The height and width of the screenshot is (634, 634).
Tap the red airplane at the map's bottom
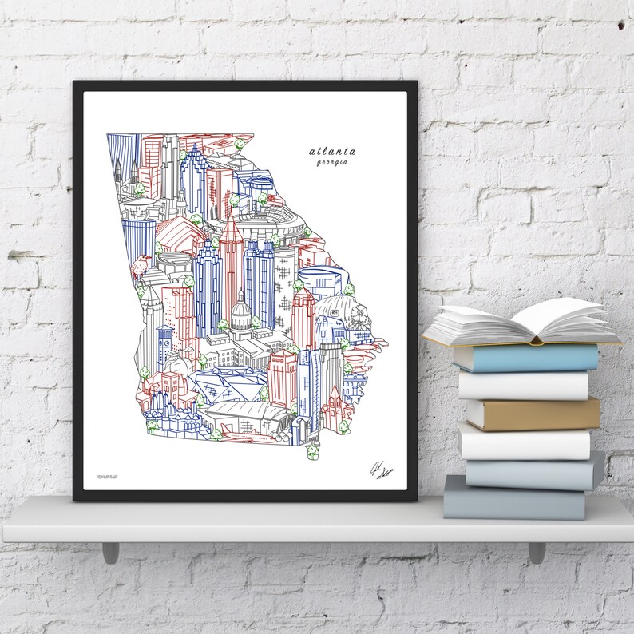click(x=238, y=437)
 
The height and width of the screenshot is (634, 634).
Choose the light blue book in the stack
click(x=525, y=357)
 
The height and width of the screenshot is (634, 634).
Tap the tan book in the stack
click(x=533, y=414)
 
